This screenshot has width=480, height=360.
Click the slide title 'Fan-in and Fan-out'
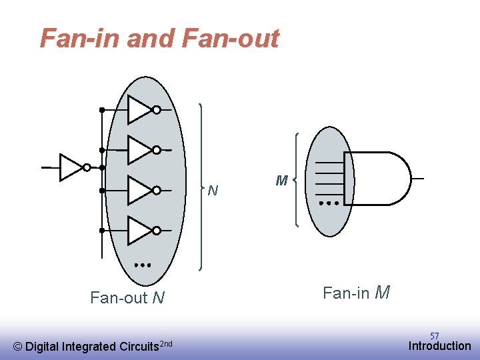click(159, 39)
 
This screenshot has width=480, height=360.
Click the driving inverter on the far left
click(70, 167)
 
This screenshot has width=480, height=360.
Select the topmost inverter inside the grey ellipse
click(139, 110)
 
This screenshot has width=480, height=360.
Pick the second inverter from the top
click(139, 150)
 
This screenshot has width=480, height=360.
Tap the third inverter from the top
click(139, 190)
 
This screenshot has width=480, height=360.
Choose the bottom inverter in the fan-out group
click(139, 230)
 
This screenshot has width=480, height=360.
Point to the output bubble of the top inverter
click(156, 110)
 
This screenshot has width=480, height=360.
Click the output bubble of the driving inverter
click(87, 167)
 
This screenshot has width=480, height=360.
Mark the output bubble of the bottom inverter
click(156, 231)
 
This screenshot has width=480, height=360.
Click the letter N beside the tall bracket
click(212, 191)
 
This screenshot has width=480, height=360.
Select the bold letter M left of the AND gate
click(281, 181)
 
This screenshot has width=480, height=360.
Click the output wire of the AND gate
click(417, 178)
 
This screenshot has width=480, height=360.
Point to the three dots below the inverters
click(142, 265)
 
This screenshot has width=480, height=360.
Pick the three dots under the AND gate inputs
click(329, 202)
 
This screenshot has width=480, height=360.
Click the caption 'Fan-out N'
click(127, 297)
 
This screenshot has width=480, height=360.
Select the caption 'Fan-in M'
click(356, 293)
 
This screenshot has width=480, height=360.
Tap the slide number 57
click(434, 335)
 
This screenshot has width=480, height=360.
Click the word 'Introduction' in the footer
click(439, 346)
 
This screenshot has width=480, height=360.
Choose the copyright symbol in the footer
click(18, 346)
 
